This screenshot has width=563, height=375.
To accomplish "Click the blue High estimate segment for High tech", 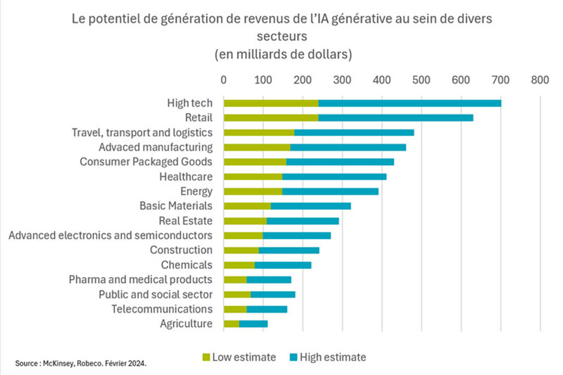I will [x=410, y=103].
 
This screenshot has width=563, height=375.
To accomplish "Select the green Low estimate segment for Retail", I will [x=271, y=118].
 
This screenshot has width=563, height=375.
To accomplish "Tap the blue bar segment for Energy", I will [x=330, y=191].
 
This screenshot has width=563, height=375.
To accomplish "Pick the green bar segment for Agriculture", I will [x=231, y=324].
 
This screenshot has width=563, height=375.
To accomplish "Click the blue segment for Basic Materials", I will [x=311, y=206].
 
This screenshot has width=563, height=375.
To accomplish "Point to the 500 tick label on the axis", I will [x=421, y=80].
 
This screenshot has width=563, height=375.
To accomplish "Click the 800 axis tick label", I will [x=540, y=80].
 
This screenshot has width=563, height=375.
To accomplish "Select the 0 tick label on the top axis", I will [x=224, y=80].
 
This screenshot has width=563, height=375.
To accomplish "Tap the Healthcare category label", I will [x=186, y=177].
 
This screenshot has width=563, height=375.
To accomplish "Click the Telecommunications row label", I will [x=162, y=309].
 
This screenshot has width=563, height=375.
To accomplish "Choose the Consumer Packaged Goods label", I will [x=146, y=162].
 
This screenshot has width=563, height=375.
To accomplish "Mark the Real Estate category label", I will [x=185, y=220].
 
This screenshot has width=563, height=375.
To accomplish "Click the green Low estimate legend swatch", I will [x=207, y=357].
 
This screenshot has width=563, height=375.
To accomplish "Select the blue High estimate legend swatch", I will [x=293, y=357].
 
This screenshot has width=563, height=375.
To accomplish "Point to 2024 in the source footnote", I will [x=138, y=363].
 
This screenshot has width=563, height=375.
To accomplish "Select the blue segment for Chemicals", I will [x=283, y=265].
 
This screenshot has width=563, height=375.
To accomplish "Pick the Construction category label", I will [x=181, y=250].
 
